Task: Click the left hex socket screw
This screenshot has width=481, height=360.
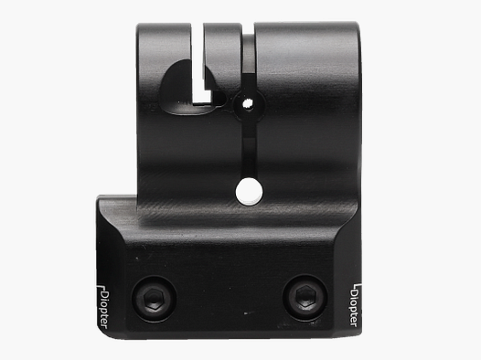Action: (154, 298)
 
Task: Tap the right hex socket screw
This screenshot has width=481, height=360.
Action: (305, 297)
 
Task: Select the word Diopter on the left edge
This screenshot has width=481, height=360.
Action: (104, 310)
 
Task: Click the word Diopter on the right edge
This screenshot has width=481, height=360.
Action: (354, 308)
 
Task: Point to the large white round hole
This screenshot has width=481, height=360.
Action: (249, 192)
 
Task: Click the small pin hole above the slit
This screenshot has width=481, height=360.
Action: (248, 104)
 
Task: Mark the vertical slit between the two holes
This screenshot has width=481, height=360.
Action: (250, 145)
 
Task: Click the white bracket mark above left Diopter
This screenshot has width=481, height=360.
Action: (101, 288)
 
